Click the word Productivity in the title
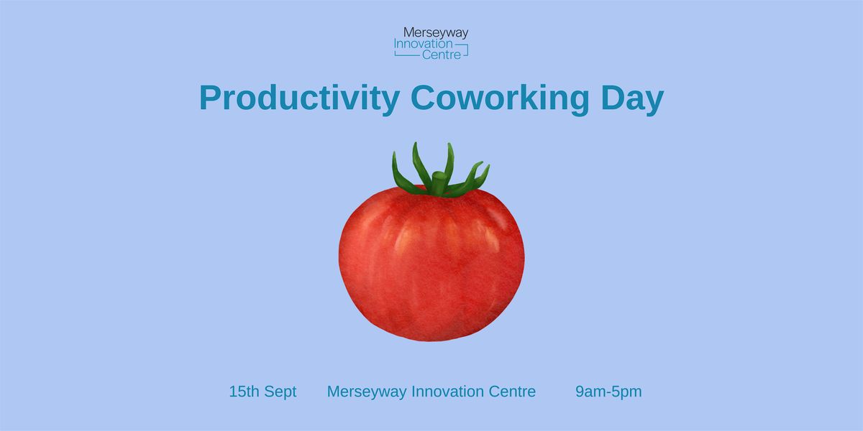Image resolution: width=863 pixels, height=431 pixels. point(299,98)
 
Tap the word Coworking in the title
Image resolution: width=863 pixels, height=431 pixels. point(500,98)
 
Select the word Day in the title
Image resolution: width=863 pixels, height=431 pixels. point(632,98)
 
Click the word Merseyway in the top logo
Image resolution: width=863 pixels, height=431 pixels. point(436,33)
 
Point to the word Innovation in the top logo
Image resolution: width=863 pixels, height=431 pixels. point(418,44)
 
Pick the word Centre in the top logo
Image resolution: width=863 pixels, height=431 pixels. point(442,55)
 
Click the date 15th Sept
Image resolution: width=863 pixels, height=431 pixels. point(262,391)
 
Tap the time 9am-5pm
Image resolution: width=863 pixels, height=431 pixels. point(608,391)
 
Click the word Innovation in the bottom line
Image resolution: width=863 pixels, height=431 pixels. point(447,391)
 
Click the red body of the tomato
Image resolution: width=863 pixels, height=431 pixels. point(431,266)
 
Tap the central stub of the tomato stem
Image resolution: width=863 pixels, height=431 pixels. point(438,182)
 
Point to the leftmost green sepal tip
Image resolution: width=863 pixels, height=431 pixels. point(394,153)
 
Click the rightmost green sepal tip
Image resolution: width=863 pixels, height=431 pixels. point(488,166)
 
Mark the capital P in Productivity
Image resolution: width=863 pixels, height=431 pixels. point(211,97)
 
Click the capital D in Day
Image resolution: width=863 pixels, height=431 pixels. point(613,97)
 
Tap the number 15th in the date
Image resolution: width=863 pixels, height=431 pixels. point(245,391)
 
